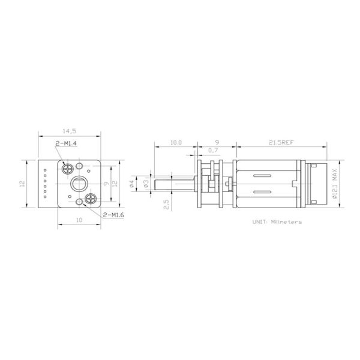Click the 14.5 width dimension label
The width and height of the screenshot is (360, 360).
70,131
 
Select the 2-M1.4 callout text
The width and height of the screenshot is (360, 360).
66,143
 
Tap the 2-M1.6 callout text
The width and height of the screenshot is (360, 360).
113,215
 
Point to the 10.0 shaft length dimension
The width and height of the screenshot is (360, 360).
176,143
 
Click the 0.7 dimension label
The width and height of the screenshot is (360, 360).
213,151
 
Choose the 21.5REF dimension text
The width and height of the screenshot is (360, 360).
281,143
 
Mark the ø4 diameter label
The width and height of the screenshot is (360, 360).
132,184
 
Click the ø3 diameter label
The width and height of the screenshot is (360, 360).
146,184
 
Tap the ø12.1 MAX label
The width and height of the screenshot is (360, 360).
335,184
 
